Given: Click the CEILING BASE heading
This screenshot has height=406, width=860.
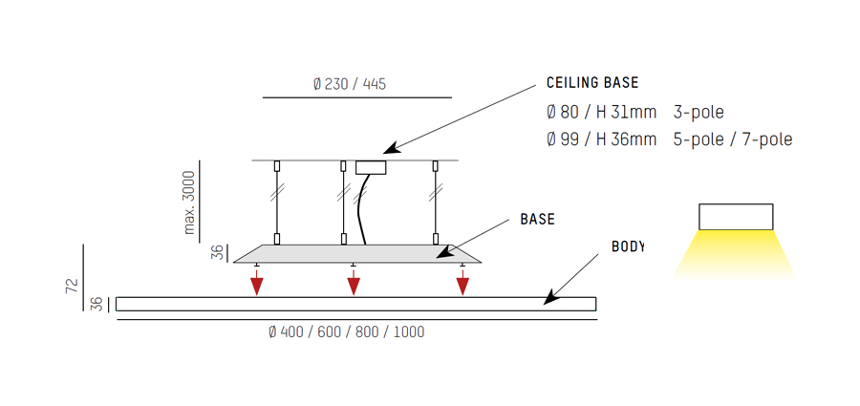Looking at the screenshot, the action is coord(592,83).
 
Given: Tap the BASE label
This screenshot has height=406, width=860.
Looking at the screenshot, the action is coord(537,220).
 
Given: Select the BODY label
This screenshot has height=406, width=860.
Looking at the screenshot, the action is coord(628,246).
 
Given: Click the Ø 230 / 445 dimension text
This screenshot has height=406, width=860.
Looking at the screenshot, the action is coord(350,84).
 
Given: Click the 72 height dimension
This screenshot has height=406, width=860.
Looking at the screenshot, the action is coord(73,286).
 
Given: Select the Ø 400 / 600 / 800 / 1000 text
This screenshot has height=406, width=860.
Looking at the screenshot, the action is coord(346,331).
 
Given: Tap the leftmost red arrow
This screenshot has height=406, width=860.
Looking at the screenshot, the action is coord(257,282).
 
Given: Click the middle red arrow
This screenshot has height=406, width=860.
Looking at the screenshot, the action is coord(354,282).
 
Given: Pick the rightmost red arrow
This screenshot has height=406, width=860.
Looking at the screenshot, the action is coord(462,282).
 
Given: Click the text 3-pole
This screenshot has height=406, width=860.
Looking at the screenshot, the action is coord(699,113).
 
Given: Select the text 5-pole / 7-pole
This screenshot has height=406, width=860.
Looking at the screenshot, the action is coord(733,139).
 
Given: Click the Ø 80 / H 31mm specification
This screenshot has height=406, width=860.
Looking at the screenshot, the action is coord(602,113).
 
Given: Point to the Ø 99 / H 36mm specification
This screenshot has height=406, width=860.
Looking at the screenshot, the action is coord(602,139).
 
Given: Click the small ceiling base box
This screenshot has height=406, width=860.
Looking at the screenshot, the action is coord(371,167).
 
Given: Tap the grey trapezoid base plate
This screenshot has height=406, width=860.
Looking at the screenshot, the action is coord(357,253).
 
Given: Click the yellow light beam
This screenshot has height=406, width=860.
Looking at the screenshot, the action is coord(735,254).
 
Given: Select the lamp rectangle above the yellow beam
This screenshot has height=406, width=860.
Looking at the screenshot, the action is coord(736,217).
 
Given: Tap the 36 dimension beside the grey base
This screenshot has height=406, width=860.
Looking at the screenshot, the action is coord(218,253).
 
